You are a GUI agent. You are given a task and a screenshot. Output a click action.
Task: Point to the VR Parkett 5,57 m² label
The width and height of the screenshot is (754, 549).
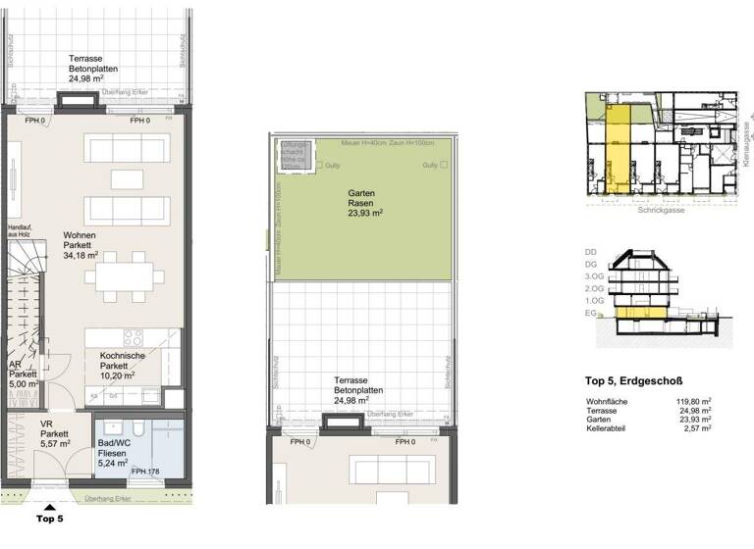coord(54,433)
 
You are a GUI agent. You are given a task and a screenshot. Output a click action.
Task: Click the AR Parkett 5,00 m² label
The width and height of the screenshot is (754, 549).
coord(23,374)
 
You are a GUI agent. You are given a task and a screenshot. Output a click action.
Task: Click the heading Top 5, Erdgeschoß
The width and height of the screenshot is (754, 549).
coord(633,381)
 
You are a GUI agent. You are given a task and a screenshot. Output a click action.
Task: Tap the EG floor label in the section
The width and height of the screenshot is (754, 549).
coord(591,315)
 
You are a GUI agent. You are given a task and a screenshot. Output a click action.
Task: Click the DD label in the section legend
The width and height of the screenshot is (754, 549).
coord(591,252)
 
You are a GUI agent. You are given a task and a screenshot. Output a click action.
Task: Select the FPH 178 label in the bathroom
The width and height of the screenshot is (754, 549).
coord(145,473)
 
